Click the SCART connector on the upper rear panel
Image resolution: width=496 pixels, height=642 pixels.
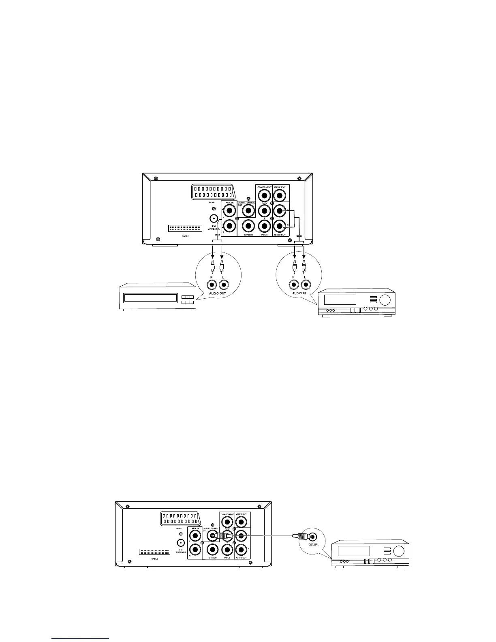click(x=212, y=192)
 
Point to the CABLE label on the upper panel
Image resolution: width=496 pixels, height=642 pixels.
click(x=185, y=236)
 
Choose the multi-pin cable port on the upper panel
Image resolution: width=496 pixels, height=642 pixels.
click(x=185, y=229)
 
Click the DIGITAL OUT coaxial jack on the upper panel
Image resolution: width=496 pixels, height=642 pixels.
click(x=248, y=211)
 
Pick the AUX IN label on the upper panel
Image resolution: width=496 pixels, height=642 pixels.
click(x=229, y=203)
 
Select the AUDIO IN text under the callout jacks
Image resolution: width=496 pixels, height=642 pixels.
click(x=299, y=293)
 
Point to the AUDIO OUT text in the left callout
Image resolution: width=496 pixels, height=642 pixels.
click(x=218, y=293)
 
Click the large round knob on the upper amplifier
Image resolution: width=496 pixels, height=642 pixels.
click(x=385, y=300)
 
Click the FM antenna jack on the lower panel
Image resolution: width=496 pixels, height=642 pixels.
click(x=180, y=542)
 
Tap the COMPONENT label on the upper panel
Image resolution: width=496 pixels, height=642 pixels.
click(x=264, y=187)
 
